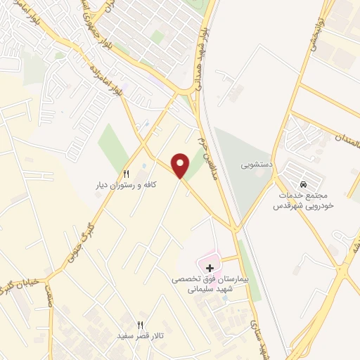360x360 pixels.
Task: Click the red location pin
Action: [181, 165]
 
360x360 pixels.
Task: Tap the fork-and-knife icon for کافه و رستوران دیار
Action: [127, 174]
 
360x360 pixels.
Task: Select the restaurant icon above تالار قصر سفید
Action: [140, 324]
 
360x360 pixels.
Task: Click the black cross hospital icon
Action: [209, 268]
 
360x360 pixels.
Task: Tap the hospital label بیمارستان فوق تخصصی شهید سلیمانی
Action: [210, 284]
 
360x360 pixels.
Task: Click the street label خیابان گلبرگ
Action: [15, 285]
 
